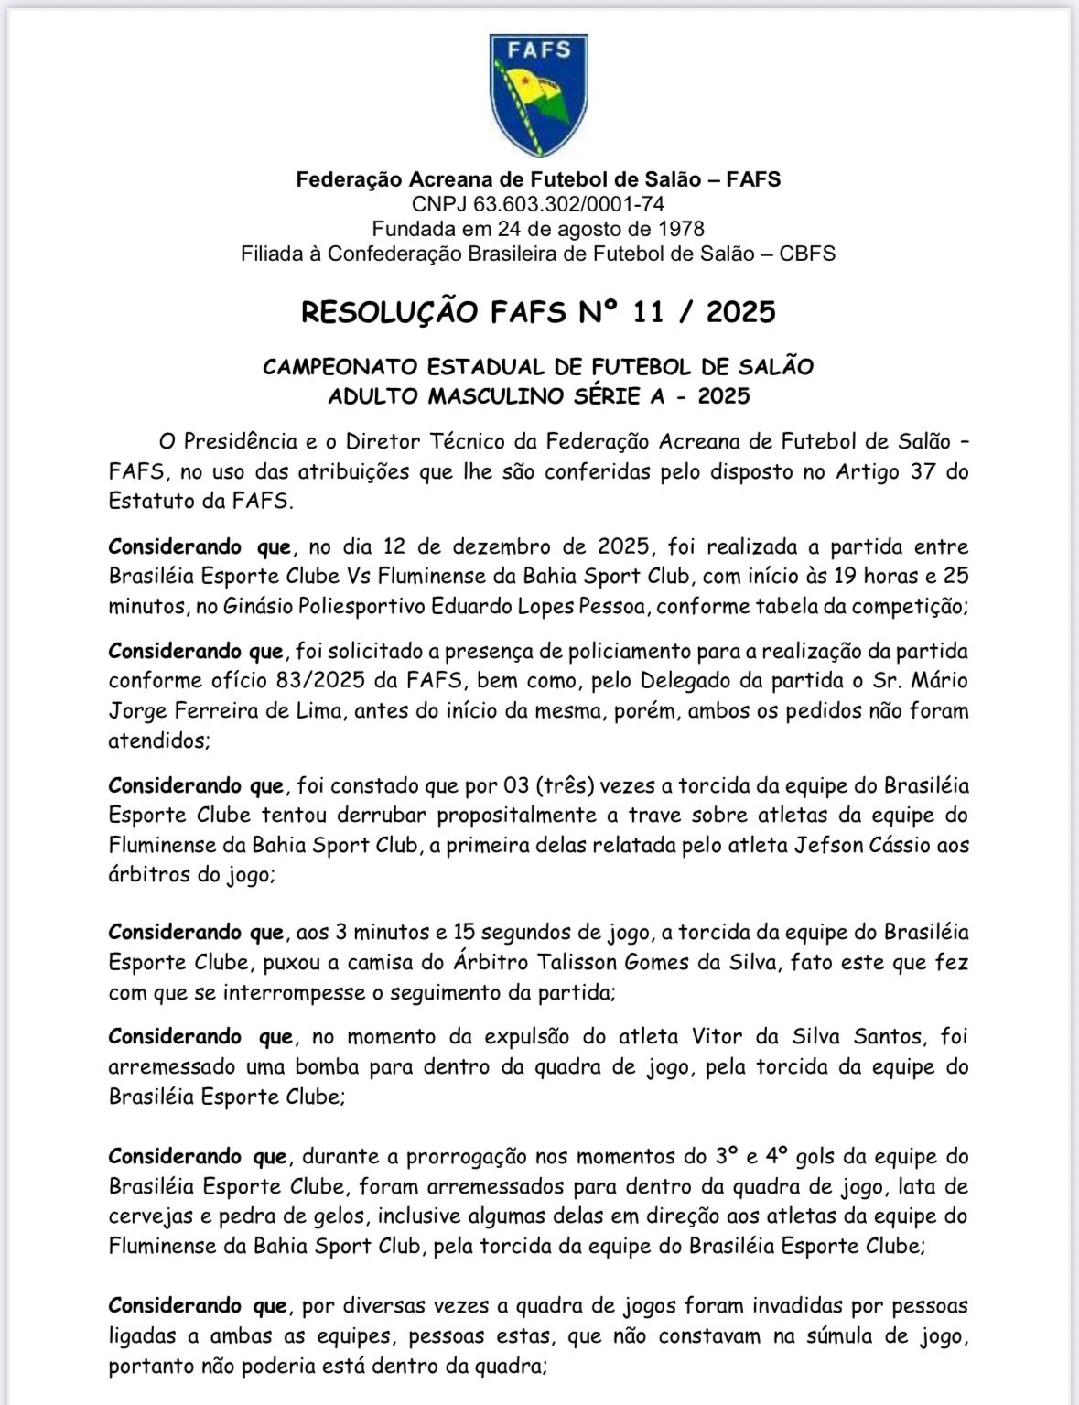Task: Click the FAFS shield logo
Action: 538,95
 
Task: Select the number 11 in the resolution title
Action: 651,312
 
